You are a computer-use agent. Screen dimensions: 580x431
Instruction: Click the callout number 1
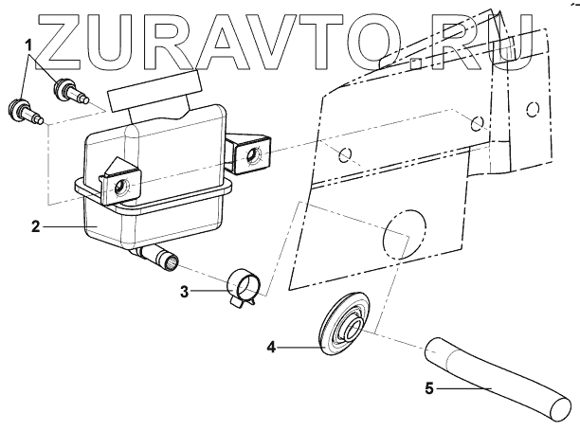point(29,45)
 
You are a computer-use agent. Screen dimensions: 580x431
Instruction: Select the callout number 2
point(35,226)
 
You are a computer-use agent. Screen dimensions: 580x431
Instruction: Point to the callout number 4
point(271,348)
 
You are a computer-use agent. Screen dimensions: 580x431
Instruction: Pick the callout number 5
point(427,386)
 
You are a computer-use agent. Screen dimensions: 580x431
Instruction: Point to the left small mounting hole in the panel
point(345,154)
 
